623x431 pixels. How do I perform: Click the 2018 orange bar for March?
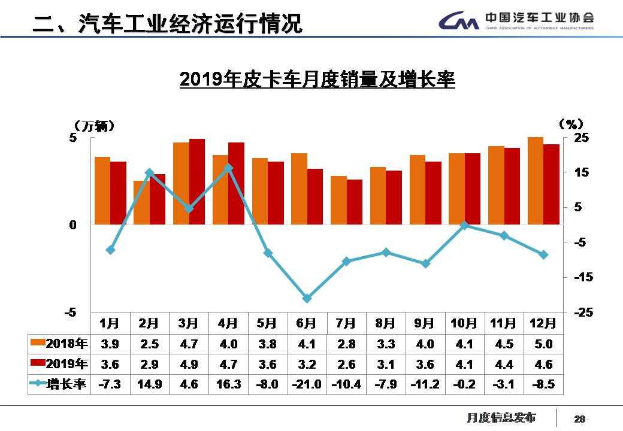(x=181, y=183)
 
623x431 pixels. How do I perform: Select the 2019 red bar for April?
(x=236, y=183)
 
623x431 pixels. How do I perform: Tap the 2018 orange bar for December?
(x=535, y=181)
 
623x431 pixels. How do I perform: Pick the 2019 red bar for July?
(x=354, y=202)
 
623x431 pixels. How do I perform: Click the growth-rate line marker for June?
(x=307, y=298)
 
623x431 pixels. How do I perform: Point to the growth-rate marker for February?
(x=149, y=172)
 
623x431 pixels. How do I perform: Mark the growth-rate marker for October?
(x=464, y=226)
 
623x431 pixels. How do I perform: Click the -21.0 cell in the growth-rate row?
(x=307, y=384)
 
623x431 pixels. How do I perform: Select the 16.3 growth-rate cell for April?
(x=228, y=384)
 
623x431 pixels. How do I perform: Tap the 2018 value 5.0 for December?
(x=543, y=344)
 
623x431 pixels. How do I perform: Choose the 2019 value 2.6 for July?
(x=346, y=364)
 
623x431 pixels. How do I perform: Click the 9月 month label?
(x=425, y=323)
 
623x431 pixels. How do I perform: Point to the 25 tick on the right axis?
(x=582, y=138)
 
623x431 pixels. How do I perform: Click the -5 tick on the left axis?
(x=71, y=312)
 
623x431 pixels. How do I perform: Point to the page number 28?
(x=579, y=418)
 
